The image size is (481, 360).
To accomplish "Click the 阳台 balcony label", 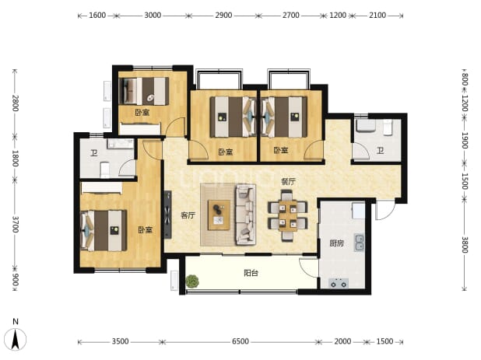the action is (x=251, y=273).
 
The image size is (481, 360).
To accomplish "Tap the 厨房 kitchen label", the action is (x=336, y=243).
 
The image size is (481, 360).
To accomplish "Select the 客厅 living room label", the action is (x=188, y=215).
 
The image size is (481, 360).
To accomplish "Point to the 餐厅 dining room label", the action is (x=288, y=182).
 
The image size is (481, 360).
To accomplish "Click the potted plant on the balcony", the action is (x=192, y=281).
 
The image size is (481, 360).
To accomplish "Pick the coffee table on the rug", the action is (x=219, y=215).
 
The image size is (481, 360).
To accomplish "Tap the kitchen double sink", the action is (x=360, y=243).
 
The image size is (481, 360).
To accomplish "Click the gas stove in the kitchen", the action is (x=339, y=283).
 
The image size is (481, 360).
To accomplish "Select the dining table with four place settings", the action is (x=288, y=215).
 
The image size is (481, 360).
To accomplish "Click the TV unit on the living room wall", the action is (x=167, y=215).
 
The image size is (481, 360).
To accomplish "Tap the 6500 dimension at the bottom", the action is (x=240, y=341).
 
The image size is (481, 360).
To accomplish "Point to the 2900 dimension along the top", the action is (x=223, y=15).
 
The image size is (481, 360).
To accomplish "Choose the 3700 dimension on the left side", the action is (x=15, y=224).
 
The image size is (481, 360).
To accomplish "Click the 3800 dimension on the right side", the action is (x=465, y=245).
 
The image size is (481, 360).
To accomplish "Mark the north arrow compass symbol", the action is (x=16, y=336).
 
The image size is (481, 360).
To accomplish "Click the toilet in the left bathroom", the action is (x=105, y=170).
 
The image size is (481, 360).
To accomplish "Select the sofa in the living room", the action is (x=245, y=215).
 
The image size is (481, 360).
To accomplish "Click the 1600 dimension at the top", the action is (x=97, y=15).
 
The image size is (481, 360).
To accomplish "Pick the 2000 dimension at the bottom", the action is (x=342, y=341).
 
